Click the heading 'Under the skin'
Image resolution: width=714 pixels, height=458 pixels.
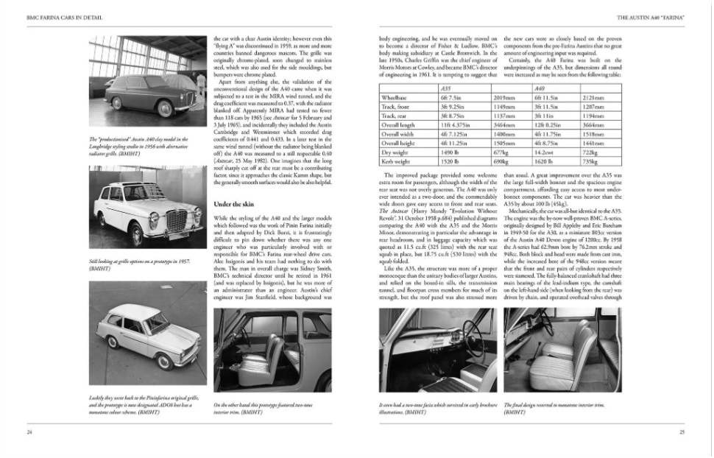(234, 203)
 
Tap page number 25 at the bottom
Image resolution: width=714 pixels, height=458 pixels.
(682, 432)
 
